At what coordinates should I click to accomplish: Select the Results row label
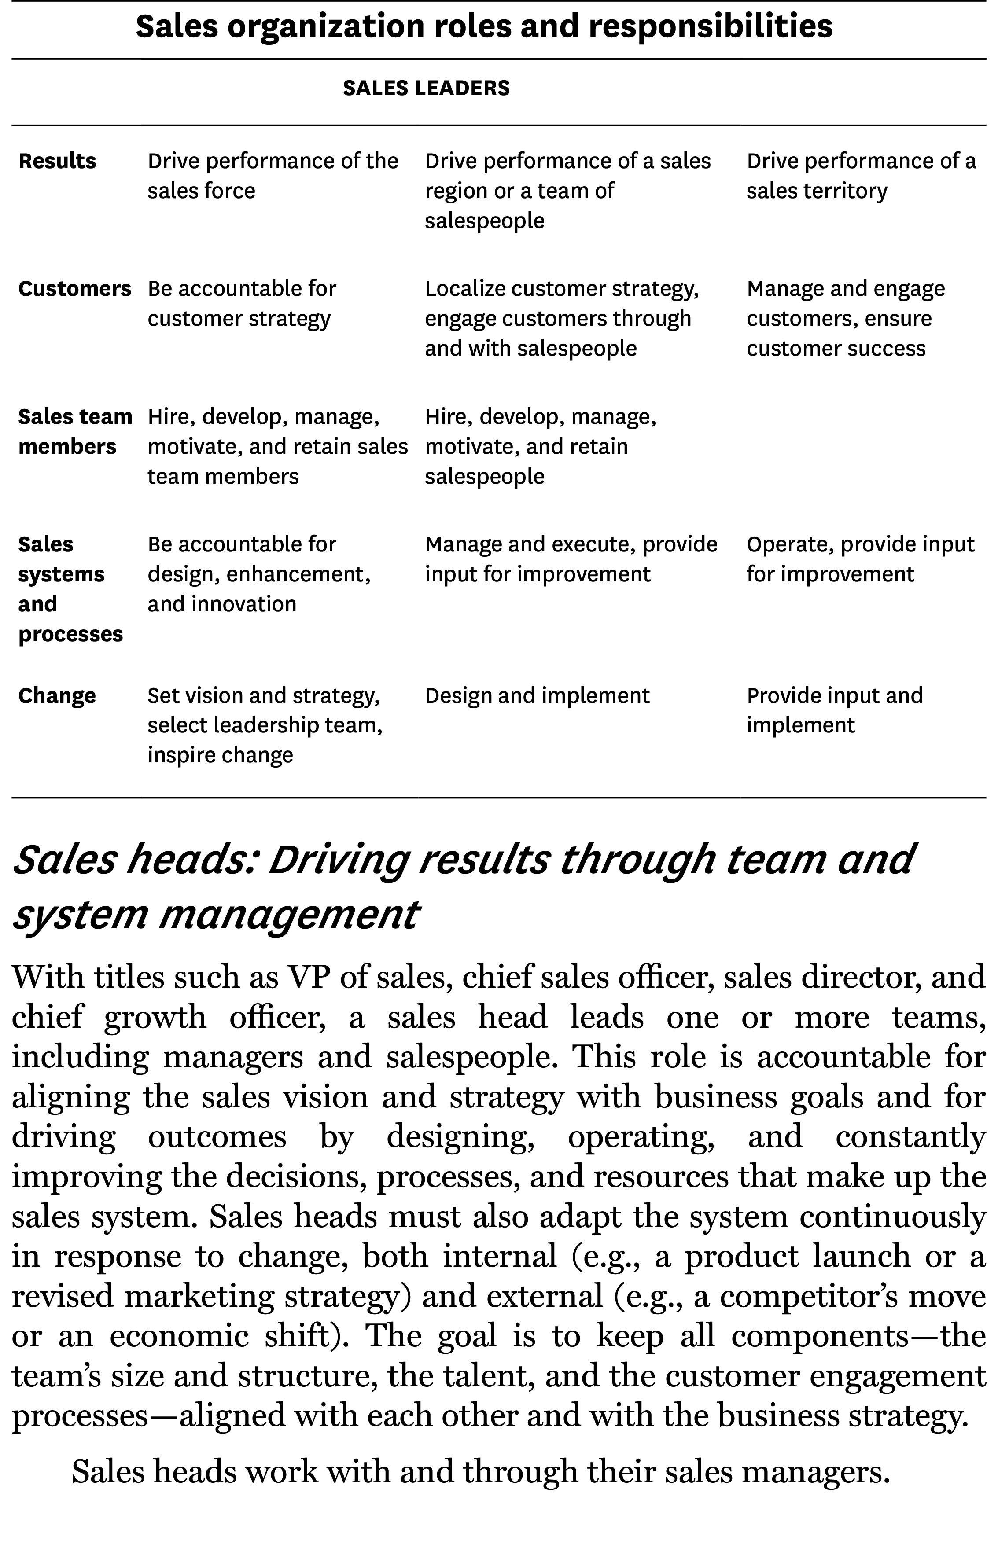[x=57, y=161]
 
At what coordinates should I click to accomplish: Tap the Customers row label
[x=74, y=288]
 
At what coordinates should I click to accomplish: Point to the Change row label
[x=57, y=695]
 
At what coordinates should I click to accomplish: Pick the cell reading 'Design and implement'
[x=537, y=695]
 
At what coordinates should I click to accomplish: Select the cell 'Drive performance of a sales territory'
[x=861, y=176]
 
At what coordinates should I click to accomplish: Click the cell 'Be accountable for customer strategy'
[x=242, y=303]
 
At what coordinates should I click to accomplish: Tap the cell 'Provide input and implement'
[x=834, y=710]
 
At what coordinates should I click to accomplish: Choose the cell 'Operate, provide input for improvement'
[x=860, y=559]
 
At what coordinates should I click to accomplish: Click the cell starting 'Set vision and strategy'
[x=265, y=724]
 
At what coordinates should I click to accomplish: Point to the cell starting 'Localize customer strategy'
[x=562, y=318]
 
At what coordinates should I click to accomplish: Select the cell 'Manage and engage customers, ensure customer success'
[x=845, y=318]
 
